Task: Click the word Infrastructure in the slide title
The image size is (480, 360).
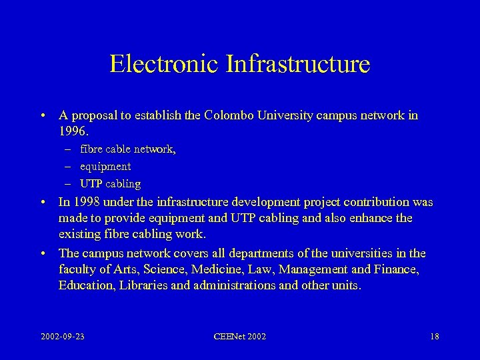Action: [298, 64]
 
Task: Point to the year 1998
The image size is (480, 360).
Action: [85, 202]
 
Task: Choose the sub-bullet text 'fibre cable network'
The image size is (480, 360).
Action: [127, 149]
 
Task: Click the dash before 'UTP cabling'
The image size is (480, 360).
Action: [69, 183]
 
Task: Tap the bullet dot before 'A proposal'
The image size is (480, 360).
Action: [42, 116]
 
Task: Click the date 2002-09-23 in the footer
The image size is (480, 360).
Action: [63, 337]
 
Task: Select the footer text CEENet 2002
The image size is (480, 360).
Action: [240, 337]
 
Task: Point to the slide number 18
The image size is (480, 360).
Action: [434, 337]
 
